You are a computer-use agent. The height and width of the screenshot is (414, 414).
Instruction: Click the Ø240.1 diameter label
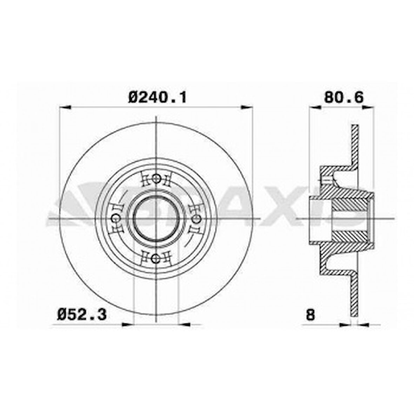pyautogui.click(x=157, y=96)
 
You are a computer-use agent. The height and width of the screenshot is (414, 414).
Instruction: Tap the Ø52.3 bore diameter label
pyautogui.click(x=82, y=314)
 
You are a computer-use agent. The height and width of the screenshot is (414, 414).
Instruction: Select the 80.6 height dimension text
pyautogui.click(x=343, y=96)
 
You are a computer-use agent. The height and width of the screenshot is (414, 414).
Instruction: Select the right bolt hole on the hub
pyautogui.click(x=197, y=219)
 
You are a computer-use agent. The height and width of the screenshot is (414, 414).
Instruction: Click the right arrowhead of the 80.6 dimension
pyautogui.click(x=368, y=107)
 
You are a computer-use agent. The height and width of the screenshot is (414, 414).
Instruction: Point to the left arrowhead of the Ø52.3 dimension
pyautogui.click(x=128, y=324)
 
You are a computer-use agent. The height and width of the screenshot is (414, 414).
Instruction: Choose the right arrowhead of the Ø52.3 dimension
pyautogui.click(x=184, y=324)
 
